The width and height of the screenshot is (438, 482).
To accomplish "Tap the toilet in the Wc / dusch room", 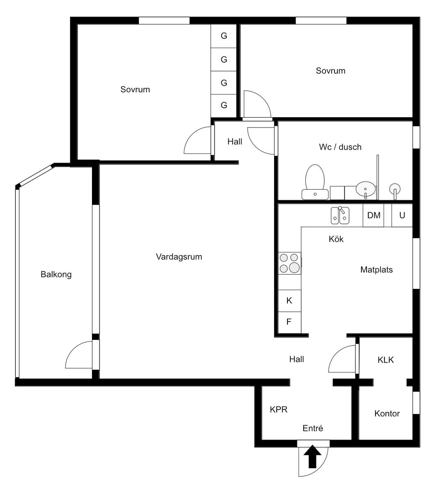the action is pyautogui.click(x=315, y=182).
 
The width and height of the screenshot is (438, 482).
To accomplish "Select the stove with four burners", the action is pyautogui.click(x=289, y=263).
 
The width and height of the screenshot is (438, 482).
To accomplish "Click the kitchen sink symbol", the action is pyautogui.click(x=340, y=215).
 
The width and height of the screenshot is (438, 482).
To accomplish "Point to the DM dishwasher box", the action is pyautogui.click(x=373, y=215).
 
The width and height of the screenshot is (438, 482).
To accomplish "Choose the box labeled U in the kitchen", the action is pyautogui.click(x=402, y=215).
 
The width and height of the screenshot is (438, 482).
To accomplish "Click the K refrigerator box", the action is pyautogui.click(x=289, y=301).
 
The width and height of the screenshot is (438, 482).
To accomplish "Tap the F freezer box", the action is pyautogui.click(x=289, y=322).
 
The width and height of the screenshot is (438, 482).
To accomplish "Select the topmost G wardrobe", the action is pyautogui.click(x=224, y=36).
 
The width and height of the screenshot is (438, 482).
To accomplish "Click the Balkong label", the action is pyautogui.click(x=56, y=274).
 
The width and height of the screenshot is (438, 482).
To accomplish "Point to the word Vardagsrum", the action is pyautogui.click(x=179, y=257).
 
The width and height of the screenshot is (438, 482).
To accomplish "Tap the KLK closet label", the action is pyautogui.click(x=385, y=360).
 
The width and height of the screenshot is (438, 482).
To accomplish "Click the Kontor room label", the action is pyautogui.click(x=387, y=414).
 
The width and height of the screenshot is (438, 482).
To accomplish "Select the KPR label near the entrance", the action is pyautogui.click(x=278, y=410).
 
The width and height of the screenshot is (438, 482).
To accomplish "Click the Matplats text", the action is pyautogui.click(x=376, y=270).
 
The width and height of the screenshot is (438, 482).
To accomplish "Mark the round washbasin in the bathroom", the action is pyautogui.click(x=366, y=188).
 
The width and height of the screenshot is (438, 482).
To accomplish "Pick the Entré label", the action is pyautogui.click(x=313, y=428).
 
